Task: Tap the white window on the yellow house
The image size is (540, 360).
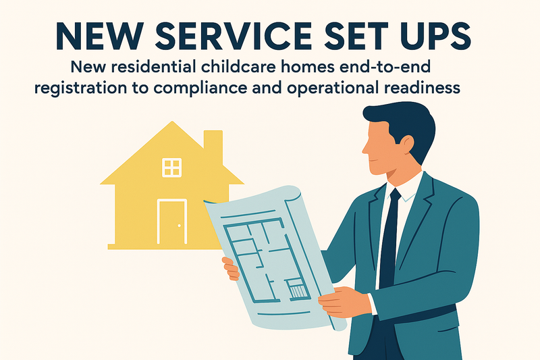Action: [x=172, y=167]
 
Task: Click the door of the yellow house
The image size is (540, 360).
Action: [x=172, y=222]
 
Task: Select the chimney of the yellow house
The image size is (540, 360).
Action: [x=213, y=145]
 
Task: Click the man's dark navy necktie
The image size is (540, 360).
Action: [x=389, y=243]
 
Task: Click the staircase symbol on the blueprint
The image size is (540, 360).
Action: [x=296, y=291]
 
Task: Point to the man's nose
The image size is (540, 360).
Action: [x=364, y=147]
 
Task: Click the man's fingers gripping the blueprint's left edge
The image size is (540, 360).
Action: [x=231, y=269]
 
